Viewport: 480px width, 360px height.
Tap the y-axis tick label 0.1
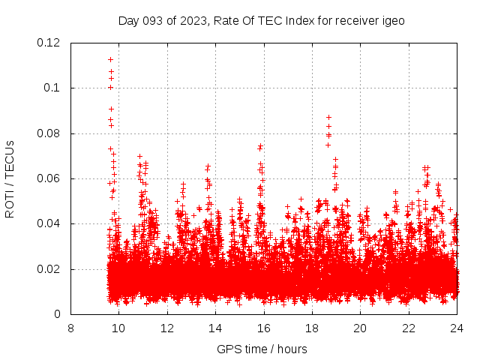click(53, 88)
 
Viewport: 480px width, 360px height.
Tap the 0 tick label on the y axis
click(58, 314)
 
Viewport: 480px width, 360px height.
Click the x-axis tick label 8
click(70, 328)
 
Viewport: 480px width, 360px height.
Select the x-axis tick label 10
click(118, 328)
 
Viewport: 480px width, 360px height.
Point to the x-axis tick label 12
click(167, 328)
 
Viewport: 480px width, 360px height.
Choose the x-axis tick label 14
click(215, 328)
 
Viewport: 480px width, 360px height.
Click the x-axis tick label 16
click(263, 328)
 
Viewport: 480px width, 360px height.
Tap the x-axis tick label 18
click(312, 328)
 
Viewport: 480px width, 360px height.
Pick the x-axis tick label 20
click(360, 328)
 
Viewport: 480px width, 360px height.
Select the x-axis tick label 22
click(409, 328)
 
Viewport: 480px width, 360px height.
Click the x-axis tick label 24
click(457, 328)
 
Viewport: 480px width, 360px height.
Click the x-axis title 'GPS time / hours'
click(262, 349)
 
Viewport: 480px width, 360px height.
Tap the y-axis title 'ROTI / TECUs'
click(10, 178)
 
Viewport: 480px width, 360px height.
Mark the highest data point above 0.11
click(110, 59)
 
